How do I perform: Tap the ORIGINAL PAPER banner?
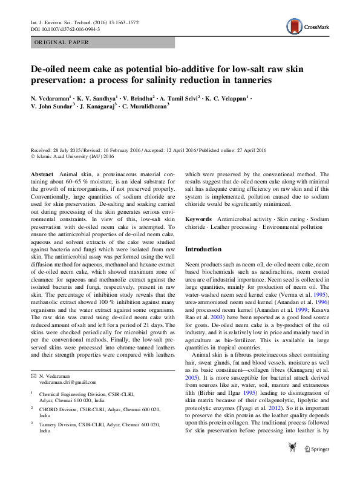point(62,42)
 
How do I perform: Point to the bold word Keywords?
point(198,218)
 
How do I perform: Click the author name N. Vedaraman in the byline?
point(50,97)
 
